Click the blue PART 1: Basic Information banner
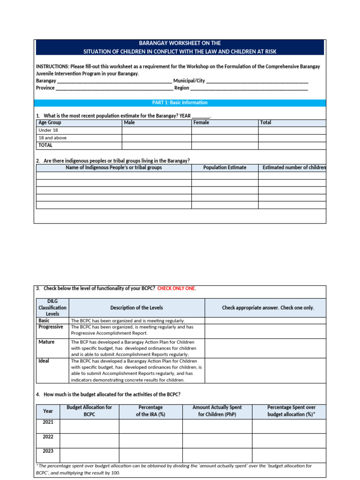pos(180,103)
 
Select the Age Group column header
pos(50,123)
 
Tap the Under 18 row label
pos(48,130)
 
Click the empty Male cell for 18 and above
pos(157,138)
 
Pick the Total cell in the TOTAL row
pos(292,146)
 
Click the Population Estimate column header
pos(225,168)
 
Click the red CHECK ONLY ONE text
pos(177,288)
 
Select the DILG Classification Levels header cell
pos(52,307)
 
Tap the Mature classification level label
pos(46,342)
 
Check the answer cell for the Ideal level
pos(265,370)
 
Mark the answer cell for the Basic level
pos(265,321)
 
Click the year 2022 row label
pos(48,437)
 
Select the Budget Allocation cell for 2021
pos(89,426)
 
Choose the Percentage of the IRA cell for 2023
pos(150,455)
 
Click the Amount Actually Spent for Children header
pos(217,411)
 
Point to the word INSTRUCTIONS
pos(52,67)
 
